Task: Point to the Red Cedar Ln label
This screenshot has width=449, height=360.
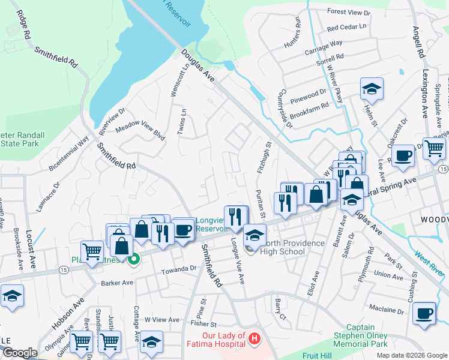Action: [x=346, y=27]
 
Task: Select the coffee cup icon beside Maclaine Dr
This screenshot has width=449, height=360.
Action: [x=424, y=314]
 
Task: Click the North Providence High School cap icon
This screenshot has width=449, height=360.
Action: [x=255, y=236]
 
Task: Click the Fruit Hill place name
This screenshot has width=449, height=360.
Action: [x=318, y=355]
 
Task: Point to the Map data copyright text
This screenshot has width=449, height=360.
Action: [x=411, y=355]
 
